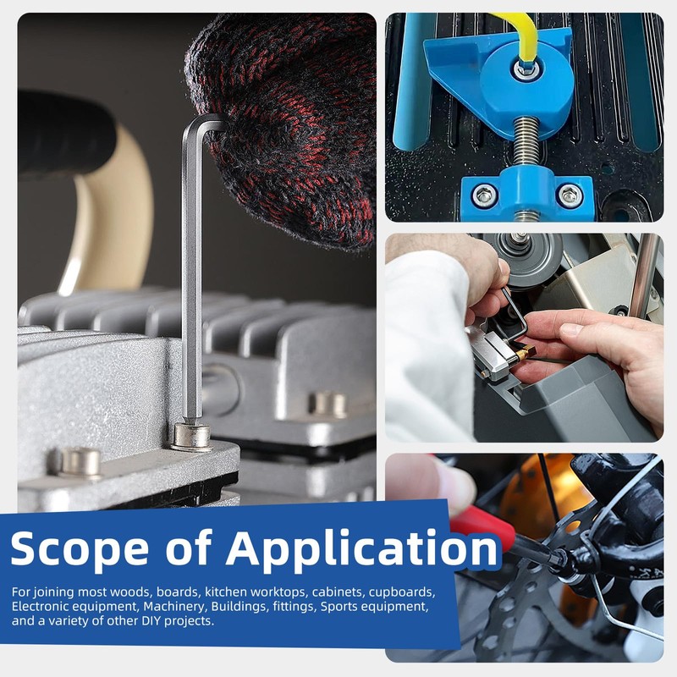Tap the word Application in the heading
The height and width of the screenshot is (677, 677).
(362, 548)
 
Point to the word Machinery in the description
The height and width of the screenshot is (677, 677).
(175, 607)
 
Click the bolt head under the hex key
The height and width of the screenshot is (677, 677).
(191, 437)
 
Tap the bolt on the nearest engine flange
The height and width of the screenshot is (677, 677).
(79, 463)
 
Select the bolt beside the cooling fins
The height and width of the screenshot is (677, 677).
(327, 405)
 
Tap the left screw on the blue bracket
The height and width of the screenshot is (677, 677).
(484, 195)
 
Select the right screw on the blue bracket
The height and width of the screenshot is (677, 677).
(569, 195)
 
